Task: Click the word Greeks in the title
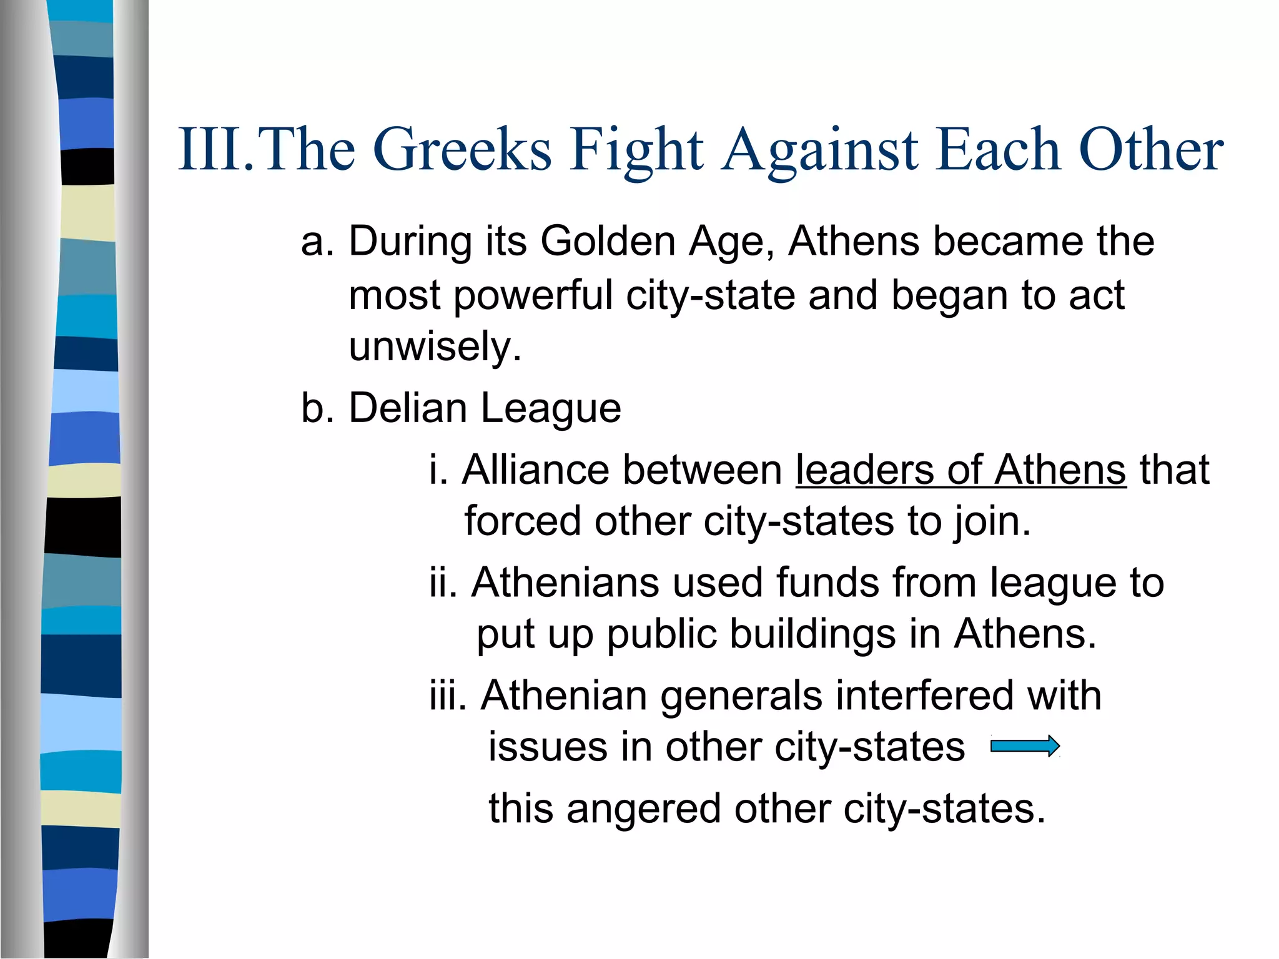[x=462, y=150]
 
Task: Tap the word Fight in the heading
[x=636, y=150]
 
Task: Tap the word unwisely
[x=435, y=347]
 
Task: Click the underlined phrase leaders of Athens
[x=960, y=470]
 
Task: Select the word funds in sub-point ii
[x=827, y=583]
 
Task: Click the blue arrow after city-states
[x=1025, y=746]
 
